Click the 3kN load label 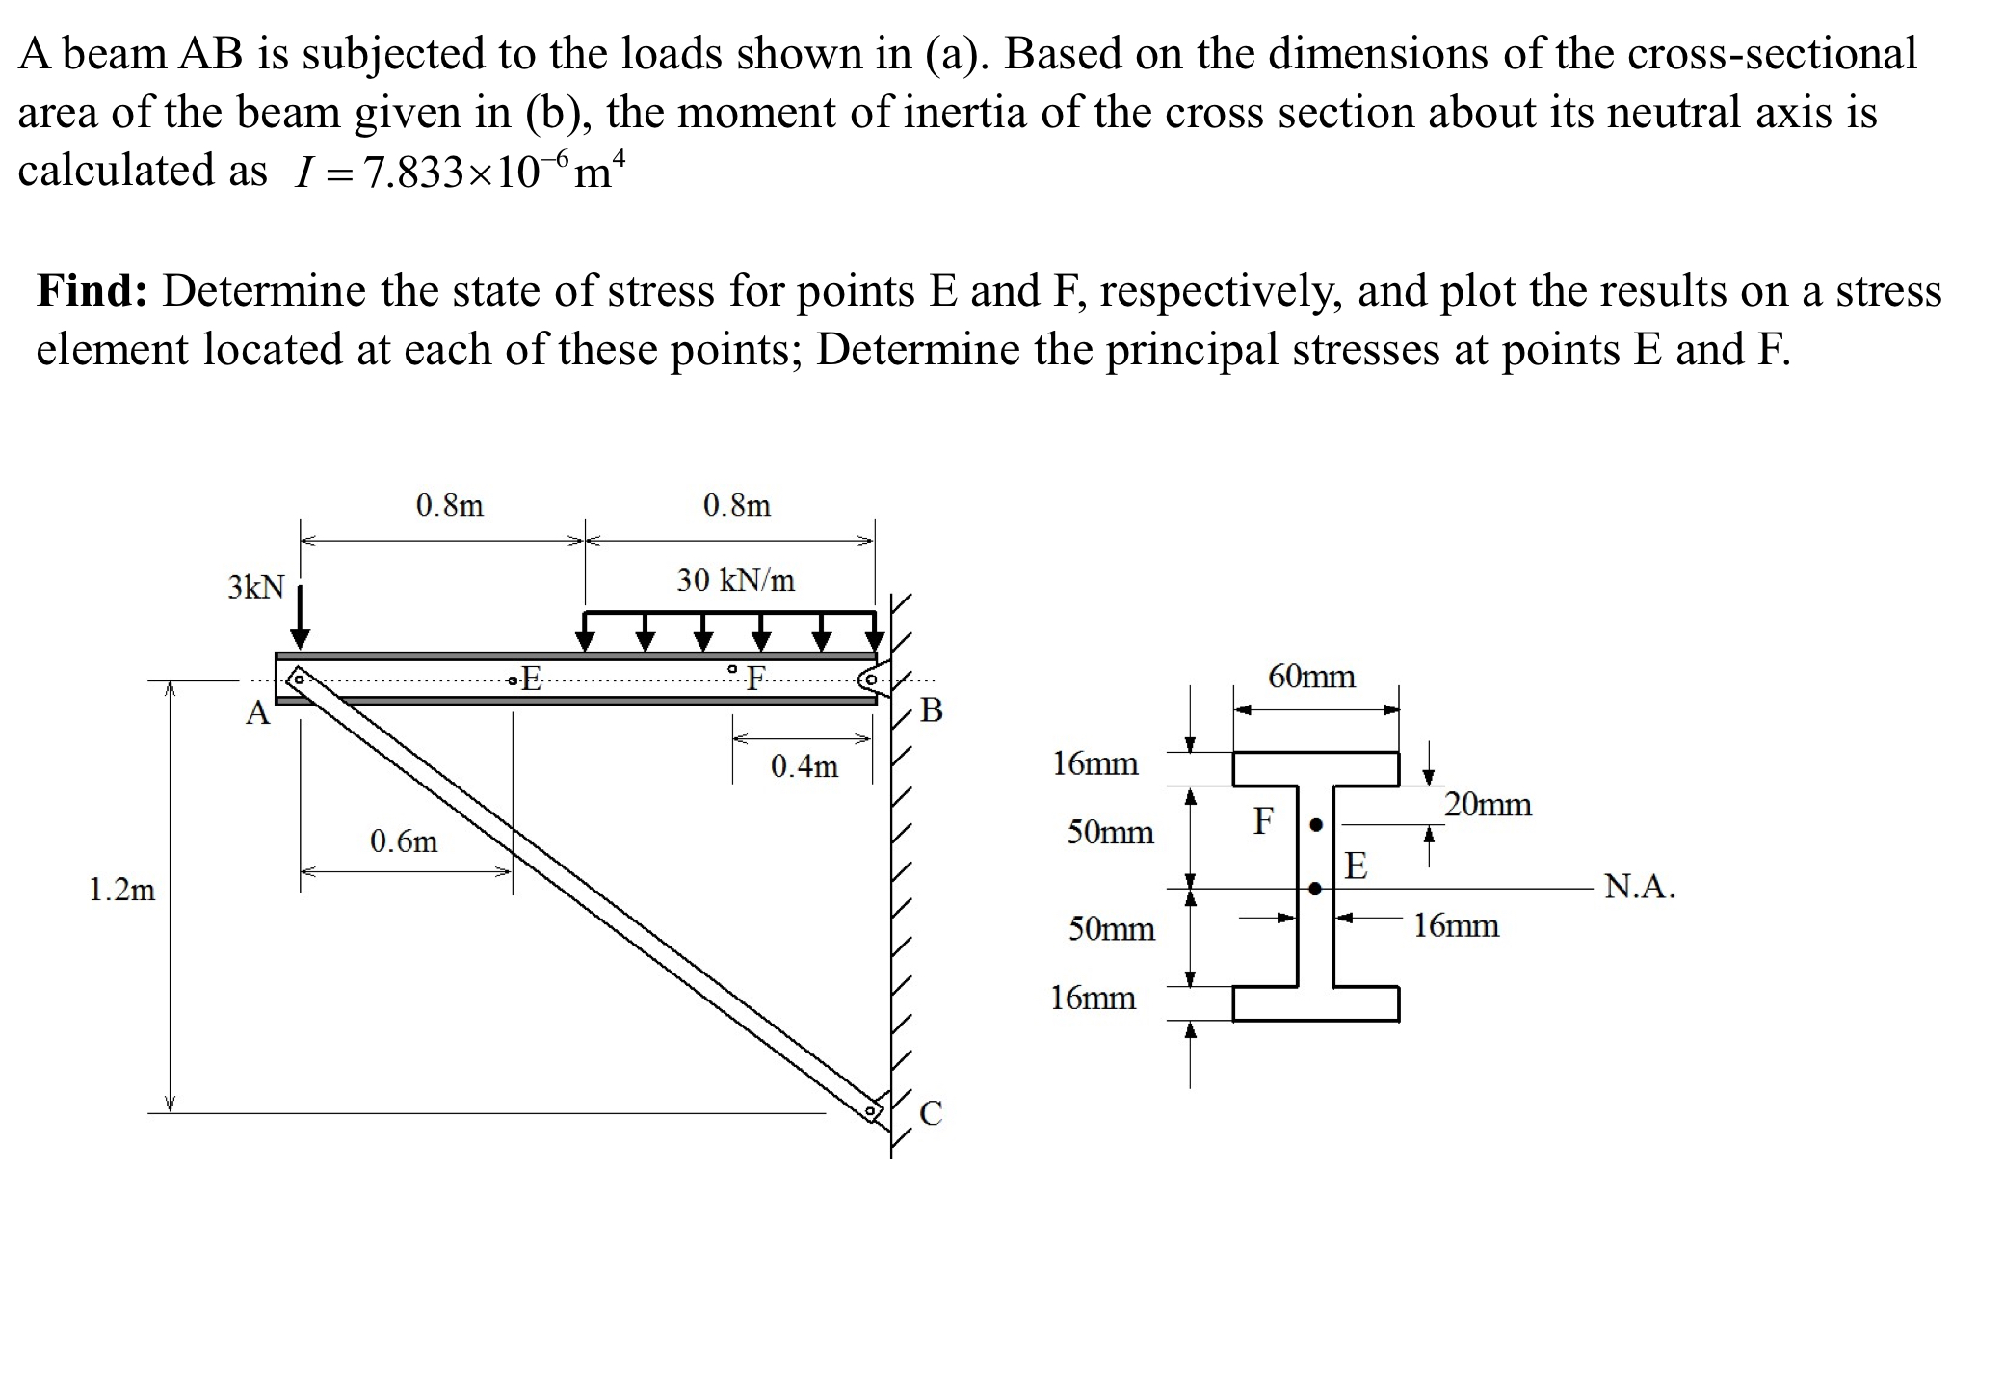point(256,587)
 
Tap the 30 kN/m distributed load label point(735,580)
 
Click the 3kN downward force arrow point(301,617)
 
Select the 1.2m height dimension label point(121,889)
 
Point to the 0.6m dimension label point(404,841)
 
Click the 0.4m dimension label point(804,766)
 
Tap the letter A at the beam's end point(257,713)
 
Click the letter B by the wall point(932,710)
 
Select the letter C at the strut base point(931,1113)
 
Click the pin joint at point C point(871,1112)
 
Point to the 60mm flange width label point(1311,677)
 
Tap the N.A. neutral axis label point(1639,886)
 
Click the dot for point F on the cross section point(1316,825)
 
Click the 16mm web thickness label point(1456,925)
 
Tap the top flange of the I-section point(1316,769)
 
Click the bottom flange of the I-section point(1316,1003)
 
